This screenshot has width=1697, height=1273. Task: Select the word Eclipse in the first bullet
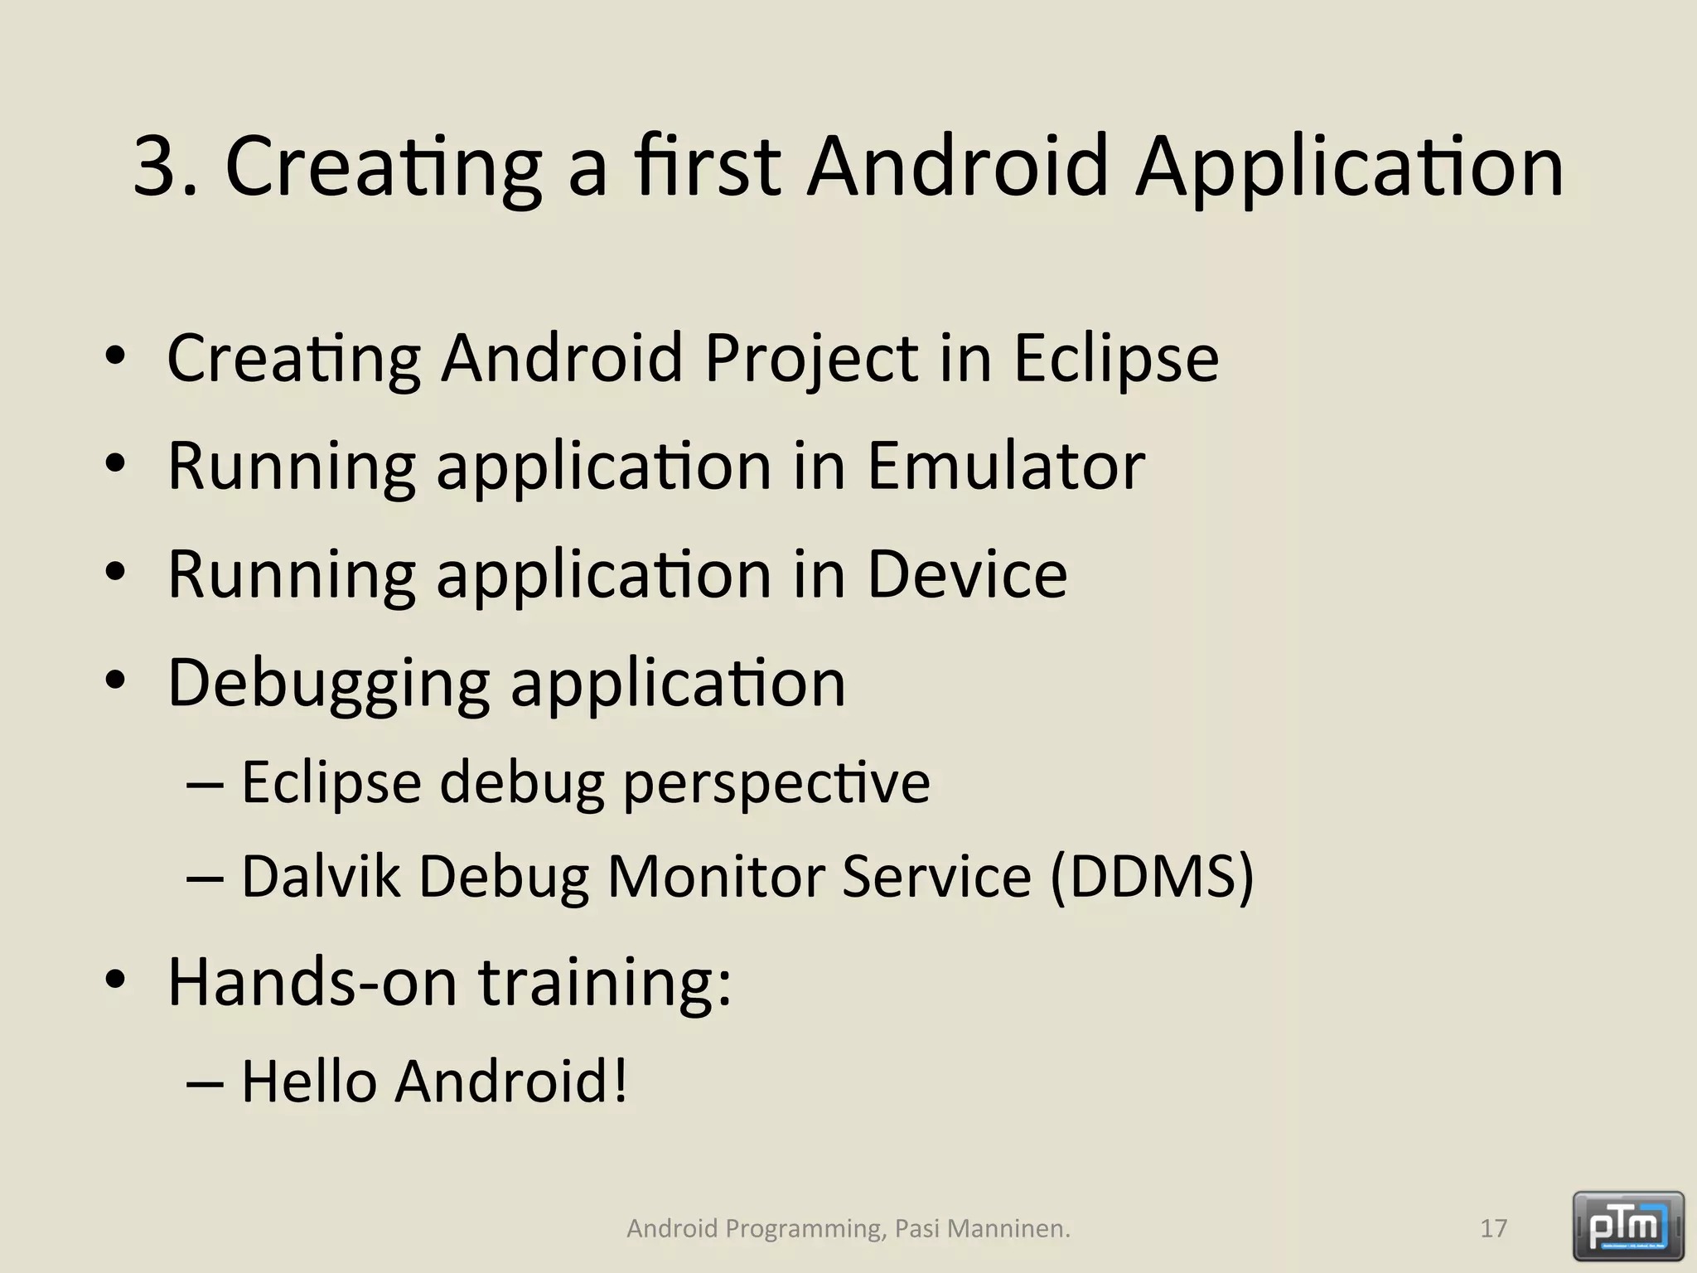1115,358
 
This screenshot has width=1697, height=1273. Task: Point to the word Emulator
1006,466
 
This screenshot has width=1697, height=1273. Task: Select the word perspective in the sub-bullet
776,782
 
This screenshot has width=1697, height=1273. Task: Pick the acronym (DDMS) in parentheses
1152,876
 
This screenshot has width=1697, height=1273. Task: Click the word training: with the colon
606,982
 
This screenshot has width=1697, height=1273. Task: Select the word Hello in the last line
309,1082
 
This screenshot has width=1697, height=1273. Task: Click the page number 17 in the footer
1493,1228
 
